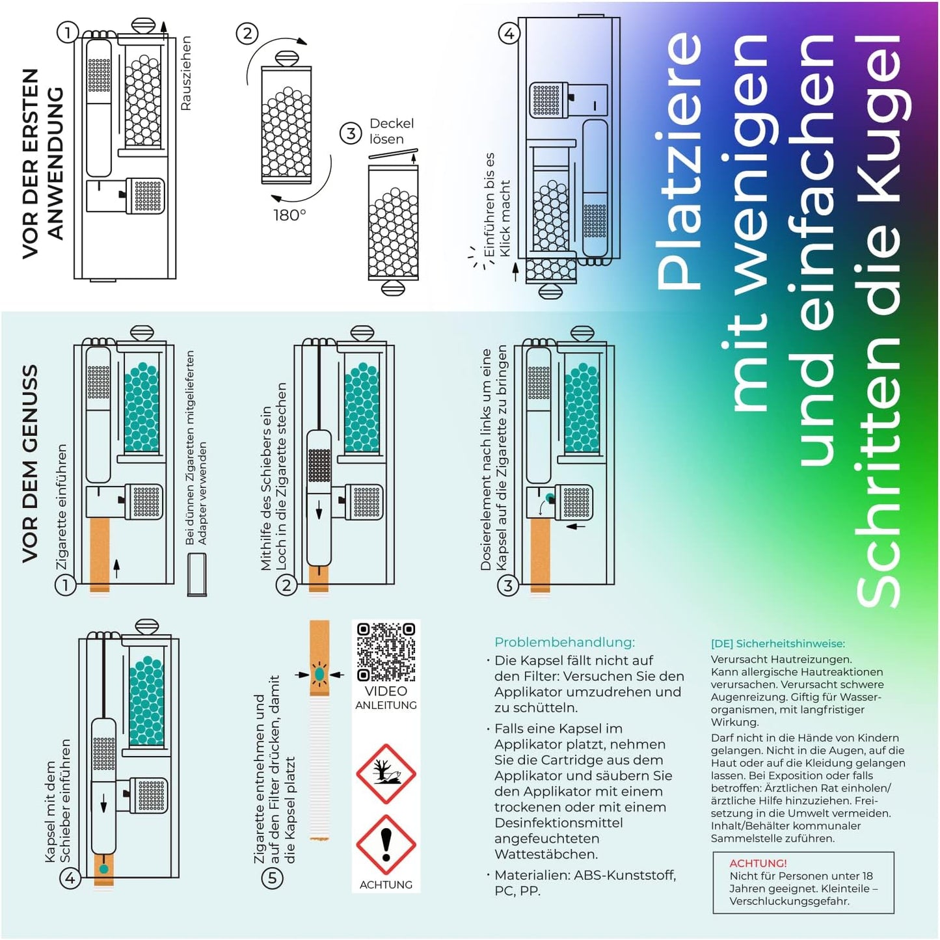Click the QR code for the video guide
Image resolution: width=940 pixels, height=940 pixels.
(x=386, y=651)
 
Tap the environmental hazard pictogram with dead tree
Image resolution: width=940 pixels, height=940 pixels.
(x=386, y=773)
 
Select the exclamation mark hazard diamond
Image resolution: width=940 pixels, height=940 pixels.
(x=386, y=844)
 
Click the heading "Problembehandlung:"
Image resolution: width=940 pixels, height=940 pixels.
(x=564, y=642)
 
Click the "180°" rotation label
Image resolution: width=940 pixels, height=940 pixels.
(x=289, y=215)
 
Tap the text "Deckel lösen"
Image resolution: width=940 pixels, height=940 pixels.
(x=390, y=131)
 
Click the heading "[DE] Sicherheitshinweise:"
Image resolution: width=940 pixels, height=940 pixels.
(x=777, y=643)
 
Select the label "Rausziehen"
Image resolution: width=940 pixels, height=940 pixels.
(x=185, y=73)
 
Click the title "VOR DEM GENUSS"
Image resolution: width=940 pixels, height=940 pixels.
(x=30, y=463)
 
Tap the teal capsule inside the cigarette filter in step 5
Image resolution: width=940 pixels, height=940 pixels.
(x=319, y=675)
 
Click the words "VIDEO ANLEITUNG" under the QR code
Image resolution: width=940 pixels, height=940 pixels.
(x=386, y=697)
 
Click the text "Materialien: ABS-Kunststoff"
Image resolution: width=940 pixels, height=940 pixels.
(x=585, y=876)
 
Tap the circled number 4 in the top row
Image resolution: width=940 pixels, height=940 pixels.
(x=509, y=33)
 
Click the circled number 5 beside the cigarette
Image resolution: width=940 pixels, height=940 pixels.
(x=273, y=878)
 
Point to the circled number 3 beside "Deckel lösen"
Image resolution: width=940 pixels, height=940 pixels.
(x=351, y=133)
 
